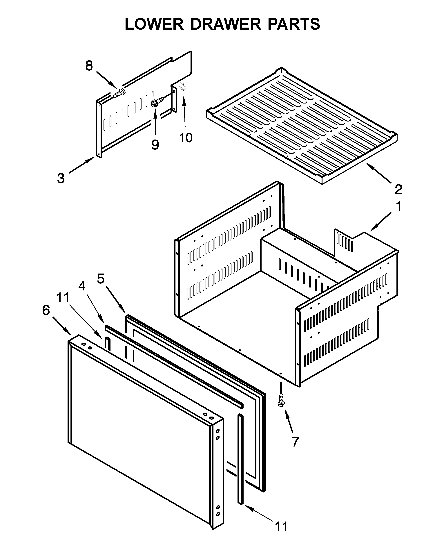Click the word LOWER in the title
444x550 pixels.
coord(154,24)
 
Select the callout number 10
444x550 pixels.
coord(186,138)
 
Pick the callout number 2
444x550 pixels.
coord(398,189)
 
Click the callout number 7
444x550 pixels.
coord(295,441)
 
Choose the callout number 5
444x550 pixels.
coord(101,279)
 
